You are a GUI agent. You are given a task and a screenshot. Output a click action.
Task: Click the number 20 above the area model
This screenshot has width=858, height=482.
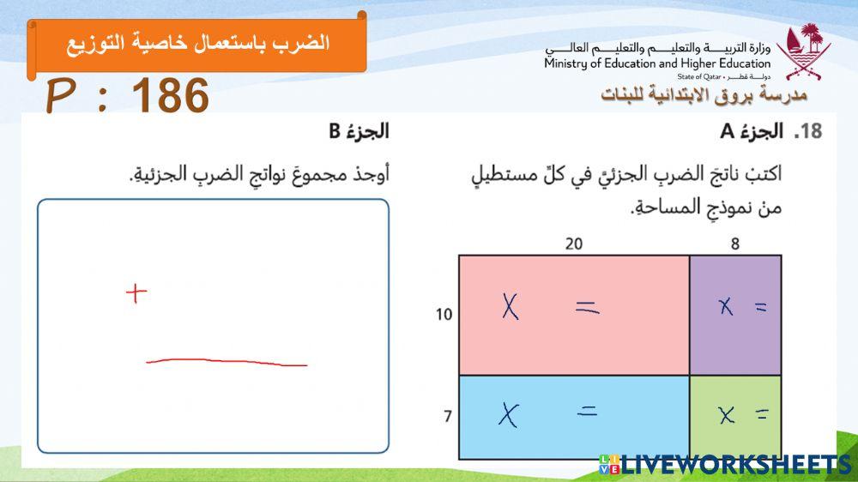(573, 244)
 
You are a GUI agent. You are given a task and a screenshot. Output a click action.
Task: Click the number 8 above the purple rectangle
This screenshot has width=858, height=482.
(735, 244)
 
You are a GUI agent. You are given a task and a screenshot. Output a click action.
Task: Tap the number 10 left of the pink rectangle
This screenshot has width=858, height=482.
(444, 315)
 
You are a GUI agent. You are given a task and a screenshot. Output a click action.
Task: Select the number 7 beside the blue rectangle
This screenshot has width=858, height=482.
(447, 417)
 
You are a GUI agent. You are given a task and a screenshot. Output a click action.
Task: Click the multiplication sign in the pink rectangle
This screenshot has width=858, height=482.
(511, 306)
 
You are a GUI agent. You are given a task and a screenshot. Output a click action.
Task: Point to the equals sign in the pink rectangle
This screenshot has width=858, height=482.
(587, 307)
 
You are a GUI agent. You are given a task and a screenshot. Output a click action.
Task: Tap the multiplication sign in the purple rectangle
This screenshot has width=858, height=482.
(726, 306)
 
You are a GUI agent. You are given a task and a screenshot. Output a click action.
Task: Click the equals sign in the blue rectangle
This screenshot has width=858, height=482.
(587, 412)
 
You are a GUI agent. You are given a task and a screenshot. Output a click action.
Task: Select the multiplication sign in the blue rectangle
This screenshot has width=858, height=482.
(510, 415)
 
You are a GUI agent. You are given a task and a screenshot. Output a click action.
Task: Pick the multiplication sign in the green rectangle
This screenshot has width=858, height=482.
(727, 416)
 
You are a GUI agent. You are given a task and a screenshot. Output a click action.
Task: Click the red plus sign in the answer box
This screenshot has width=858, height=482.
(136, 294)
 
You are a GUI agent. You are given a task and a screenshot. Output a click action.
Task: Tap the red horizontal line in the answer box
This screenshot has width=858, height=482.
(227, 363)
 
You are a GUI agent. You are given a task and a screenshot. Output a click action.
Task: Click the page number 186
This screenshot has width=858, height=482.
(172, 96)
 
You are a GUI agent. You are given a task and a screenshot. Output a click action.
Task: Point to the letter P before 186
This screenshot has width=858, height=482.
(59, 96)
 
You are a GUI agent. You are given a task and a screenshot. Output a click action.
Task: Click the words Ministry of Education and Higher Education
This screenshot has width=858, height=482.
(656, 63)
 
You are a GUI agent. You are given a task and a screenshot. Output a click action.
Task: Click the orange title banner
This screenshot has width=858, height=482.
(197, 43)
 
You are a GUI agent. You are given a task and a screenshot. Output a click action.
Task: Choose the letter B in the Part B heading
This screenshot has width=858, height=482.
(335, 131)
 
